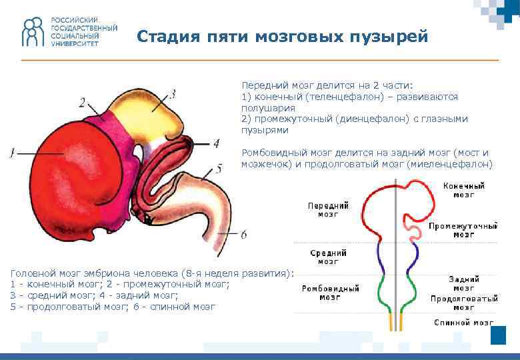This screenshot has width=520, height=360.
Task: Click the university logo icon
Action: (x=31, y=32)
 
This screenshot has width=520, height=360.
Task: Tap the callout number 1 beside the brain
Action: (x=12, y=153)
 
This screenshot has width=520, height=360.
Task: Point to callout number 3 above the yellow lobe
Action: (x=173, y=94)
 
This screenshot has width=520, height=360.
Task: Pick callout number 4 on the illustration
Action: (x=215, y=143)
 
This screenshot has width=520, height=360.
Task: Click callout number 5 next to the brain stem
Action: (x=219, y=169)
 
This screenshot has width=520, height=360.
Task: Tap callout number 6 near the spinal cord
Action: (x=243, y=234)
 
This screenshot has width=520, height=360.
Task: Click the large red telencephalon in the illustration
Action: (x=67, y=180)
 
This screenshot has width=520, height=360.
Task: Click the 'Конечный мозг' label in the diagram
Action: (x=464, y=190)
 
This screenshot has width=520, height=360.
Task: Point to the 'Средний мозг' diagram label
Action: (x=328, y=257)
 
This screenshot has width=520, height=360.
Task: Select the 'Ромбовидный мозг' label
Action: (x=331, y=292)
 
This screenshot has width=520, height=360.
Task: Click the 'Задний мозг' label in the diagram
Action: (x=464, y=283)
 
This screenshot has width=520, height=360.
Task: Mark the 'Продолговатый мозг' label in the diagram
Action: (x=464, y=303)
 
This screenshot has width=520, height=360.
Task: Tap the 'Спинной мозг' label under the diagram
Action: (x=464, y=322)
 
